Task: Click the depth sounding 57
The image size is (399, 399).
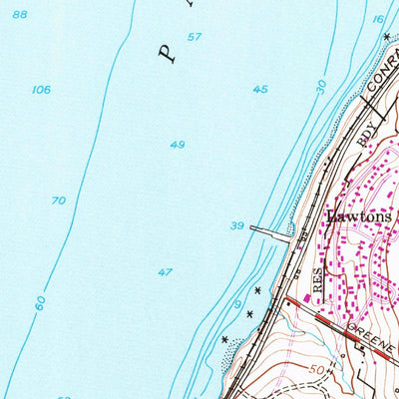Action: pos(194,37)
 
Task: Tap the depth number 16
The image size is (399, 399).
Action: pos(378,19)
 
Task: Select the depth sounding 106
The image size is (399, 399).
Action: pos(41,90)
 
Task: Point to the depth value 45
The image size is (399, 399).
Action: pos(260,90)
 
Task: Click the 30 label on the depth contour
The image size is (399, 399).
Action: pos(320,86)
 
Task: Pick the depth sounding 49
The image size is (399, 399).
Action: pos(177,145)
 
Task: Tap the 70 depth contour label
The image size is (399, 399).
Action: pos(59,200)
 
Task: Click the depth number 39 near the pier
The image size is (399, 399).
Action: pos(236,225)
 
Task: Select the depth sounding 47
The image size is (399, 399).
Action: pos(165,271)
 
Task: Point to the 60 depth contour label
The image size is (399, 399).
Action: pos(40,301)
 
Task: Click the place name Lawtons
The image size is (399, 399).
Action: pos(360,215)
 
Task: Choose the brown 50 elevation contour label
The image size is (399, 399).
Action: pos(318,369)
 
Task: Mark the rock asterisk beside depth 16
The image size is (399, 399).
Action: pos(385,36)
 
